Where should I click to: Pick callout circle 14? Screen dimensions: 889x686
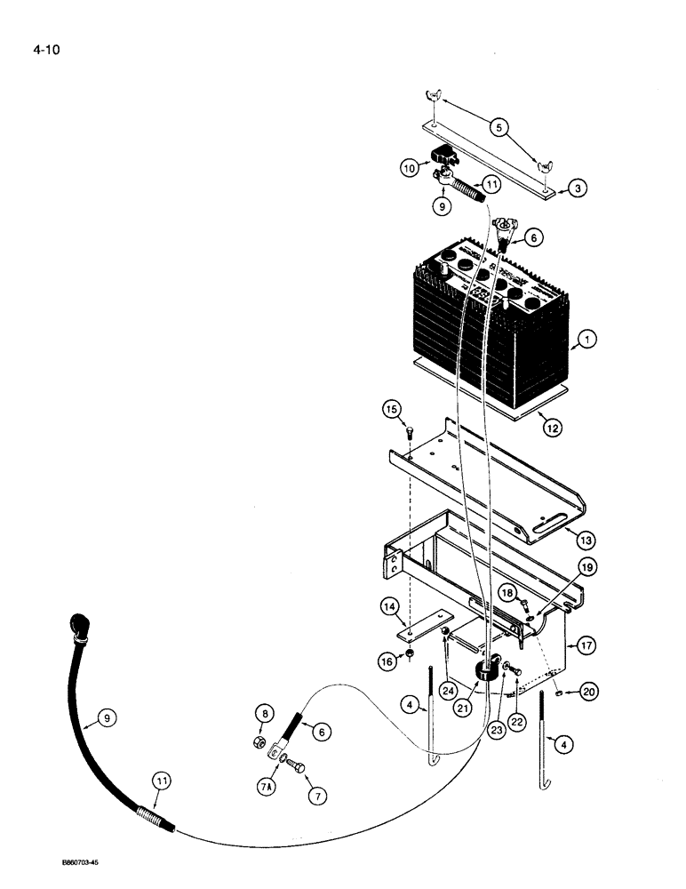tap(388, 608)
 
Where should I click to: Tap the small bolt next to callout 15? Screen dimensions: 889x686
tap(410, 433)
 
